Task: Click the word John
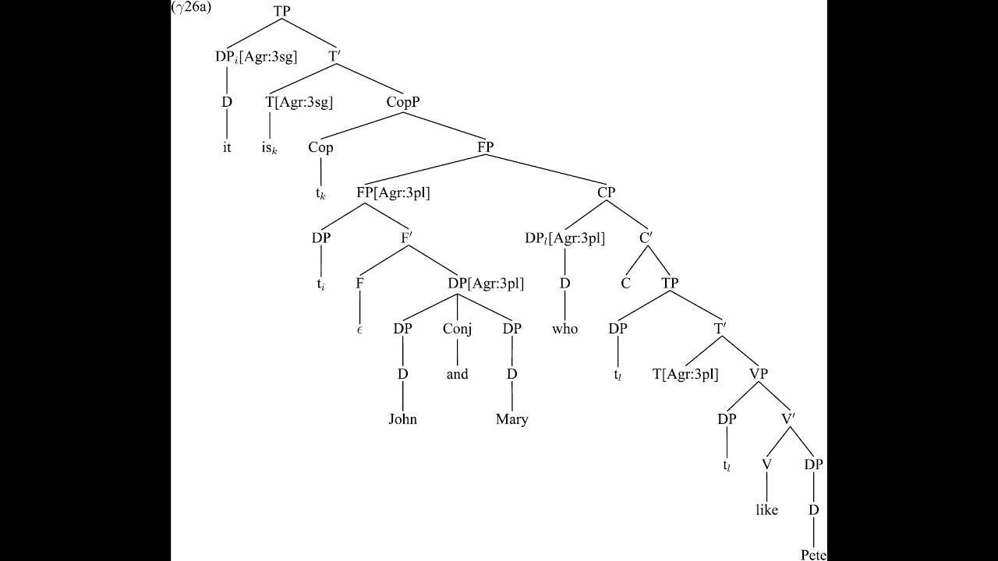click(x=403, y=419)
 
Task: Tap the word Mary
click(x=512, y=419)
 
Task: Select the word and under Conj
click(x=457, y=374)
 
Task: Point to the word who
click(x=565, y=329)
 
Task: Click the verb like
click(x=767, y=510)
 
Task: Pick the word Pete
click(x=813, y=555)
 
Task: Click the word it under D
click(x=227, y=147)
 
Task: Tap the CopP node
click(x=403, y=101)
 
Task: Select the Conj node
click(x=457, y=329)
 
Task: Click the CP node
click(x=607, y=192)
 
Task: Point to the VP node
click(x=758, y=373)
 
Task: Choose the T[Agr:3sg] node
click(x=299, y=101)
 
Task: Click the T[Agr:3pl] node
click(x=685, y=374)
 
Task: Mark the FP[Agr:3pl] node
click(x=393, y=192)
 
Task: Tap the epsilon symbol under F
click(x=359, y=330)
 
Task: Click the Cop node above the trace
click(x=320, y=147)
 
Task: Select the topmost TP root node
click(x=282, y=11)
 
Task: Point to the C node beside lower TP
click(x=625, y=284)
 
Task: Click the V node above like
click(x=767, y=464)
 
